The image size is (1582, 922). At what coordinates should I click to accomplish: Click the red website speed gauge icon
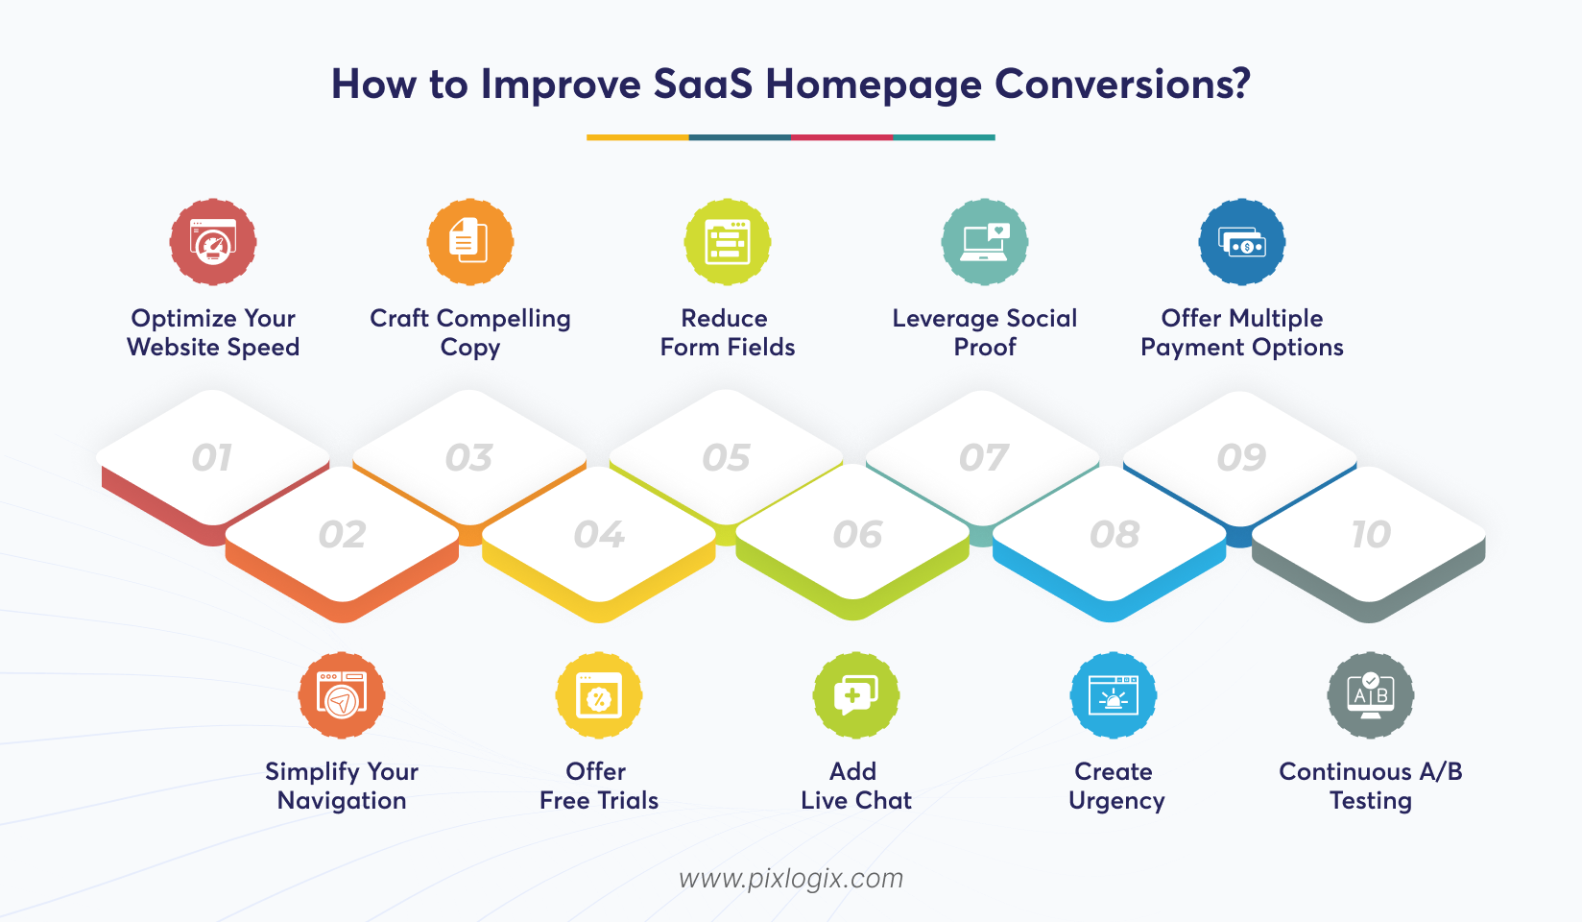(x=213, y=242)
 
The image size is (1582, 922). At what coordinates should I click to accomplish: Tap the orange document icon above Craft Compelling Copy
(x=470, y=242)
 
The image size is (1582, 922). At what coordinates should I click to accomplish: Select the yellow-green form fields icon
(x=728, y=242)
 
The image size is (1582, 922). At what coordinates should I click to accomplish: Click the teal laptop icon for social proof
(x=985, y=242)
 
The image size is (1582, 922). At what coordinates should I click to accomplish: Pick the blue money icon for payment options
(x=1242, y=242)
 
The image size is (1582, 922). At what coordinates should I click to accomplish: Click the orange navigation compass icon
(x=342, y=695)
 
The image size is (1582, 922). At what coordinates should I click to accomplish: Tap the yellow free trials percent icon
(x=599, y=695)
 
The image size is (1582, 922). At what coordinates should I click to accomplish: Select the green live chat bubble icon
(x=856, y=695)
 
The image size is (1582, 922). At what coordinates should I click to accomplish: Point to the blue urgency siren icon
(x=1114, y=695)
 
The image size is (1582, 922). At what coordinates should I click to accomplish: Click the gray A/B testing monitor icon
(x=1371, y=695)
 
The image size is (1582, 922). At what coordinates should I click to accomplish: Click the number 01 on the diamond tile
(x=212, y=458)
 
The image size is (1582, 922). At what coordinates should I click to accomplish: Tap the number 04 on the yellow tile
(x=599, y=535)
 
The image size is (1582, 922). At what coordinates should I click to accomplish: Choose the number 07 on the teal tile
(x=984, y=458)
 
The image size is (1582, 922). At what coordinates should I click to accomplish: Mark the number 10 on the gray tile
(x=1371, y=535)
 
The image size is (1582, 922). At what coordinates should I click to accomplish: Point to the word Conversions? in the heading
(x=1122, y=85)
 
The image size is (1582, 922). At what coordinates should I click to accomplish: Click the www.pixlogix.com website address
(x=791, y=879)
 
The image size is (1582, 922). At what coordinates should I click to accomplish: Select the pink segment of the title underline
(x=842, y=137)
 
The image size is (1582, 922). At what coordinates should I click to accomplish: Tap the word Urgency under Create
(x=1116, y=801)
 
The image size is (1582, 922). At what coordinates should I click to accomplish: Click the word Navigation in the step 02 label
(x=342, y=801)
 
